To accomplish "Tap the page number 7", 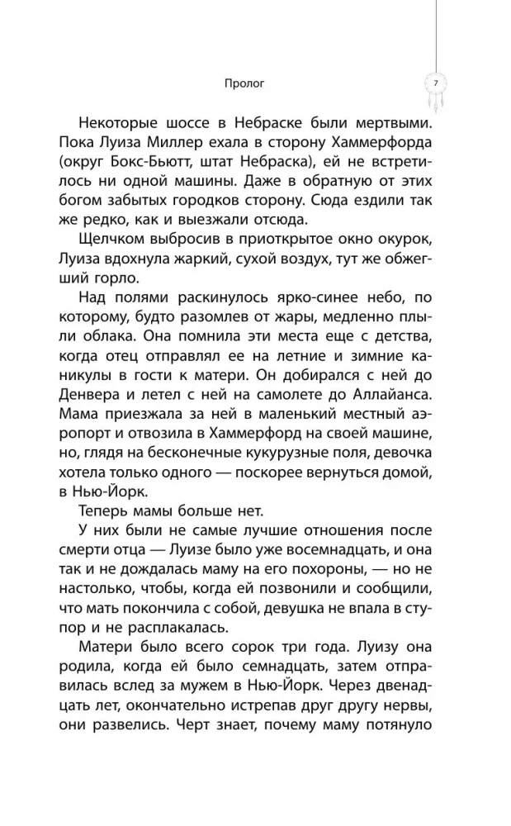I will point(435,83).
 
